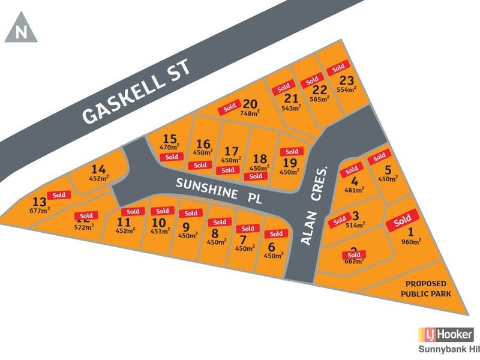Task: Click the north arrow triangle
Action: [21, 30]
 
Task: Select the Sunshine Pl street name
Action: [219, 191]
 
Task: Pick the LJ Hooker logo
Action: [445, 335]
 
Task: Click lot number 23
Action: [346, 80]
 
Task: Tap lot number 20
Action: [251, 103]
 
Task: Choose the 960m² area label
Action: [411, 242]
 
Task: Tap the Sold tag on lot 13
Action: [59, 194]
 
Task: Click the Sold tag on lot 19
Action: [292, 152]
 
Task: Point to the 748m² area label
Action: [250, 112]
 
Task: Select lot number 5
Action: [388, 170]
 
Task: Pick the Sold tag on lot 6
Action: [276, 233]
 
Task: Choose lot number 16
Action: [203, 143]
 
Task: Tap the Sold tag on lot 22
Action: [311, 82]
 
